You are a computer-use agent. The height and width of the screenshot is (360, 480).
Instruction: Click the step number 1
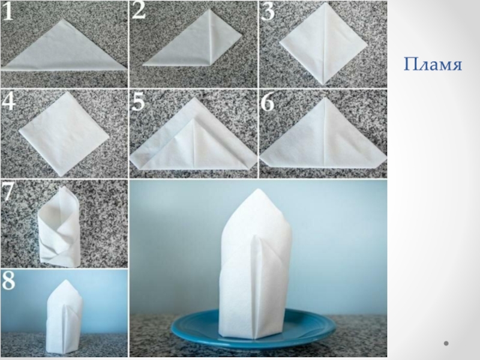click(x=7, y=12)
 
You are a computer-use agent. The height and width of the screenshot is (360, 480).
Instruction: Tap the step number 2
click(x=139, y=11)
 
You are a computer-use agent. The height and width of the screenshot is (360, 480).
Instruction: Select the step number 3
click(x=268, y=12)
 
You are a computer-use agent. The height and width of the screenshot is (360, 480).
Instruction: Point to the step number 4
click(x=8, y=101)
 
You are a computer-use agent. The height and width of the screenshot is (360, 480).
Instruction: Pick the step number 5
click(x=138, y=102)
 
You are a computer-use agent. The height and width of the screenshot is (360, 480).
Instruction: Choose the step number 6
click(x=267, y=103)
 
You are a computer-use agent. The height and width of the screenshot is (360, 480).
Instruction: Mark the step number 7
click(x=7, y=192)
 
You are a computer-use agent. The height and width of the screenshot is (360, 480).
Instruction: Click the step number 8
click(x=8, y=280)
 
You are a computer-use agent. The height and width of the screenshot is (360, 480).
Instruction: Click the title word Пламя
click(x=433, y=65)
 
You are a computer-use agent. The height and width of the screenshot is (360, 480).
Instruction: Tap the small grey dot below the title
click(x=446, y=343)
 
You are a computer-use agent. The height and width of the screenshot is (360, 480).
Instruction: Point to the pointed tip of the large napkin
click(x=258, y=190)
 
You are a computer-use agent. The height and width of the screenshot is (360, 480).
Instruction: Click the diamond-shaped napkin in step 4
click(x=64, y=134)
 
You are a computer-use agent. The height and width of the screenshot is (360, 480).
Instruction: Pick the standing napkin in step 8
click(x=65, y=316)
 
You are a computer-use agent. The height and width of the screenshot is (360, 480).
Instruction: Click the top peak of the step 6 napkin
click(x=325, y=98)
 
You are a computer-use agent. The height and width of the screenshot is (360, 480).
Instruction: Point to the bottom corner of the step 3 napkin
click(x=323, y=84)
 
